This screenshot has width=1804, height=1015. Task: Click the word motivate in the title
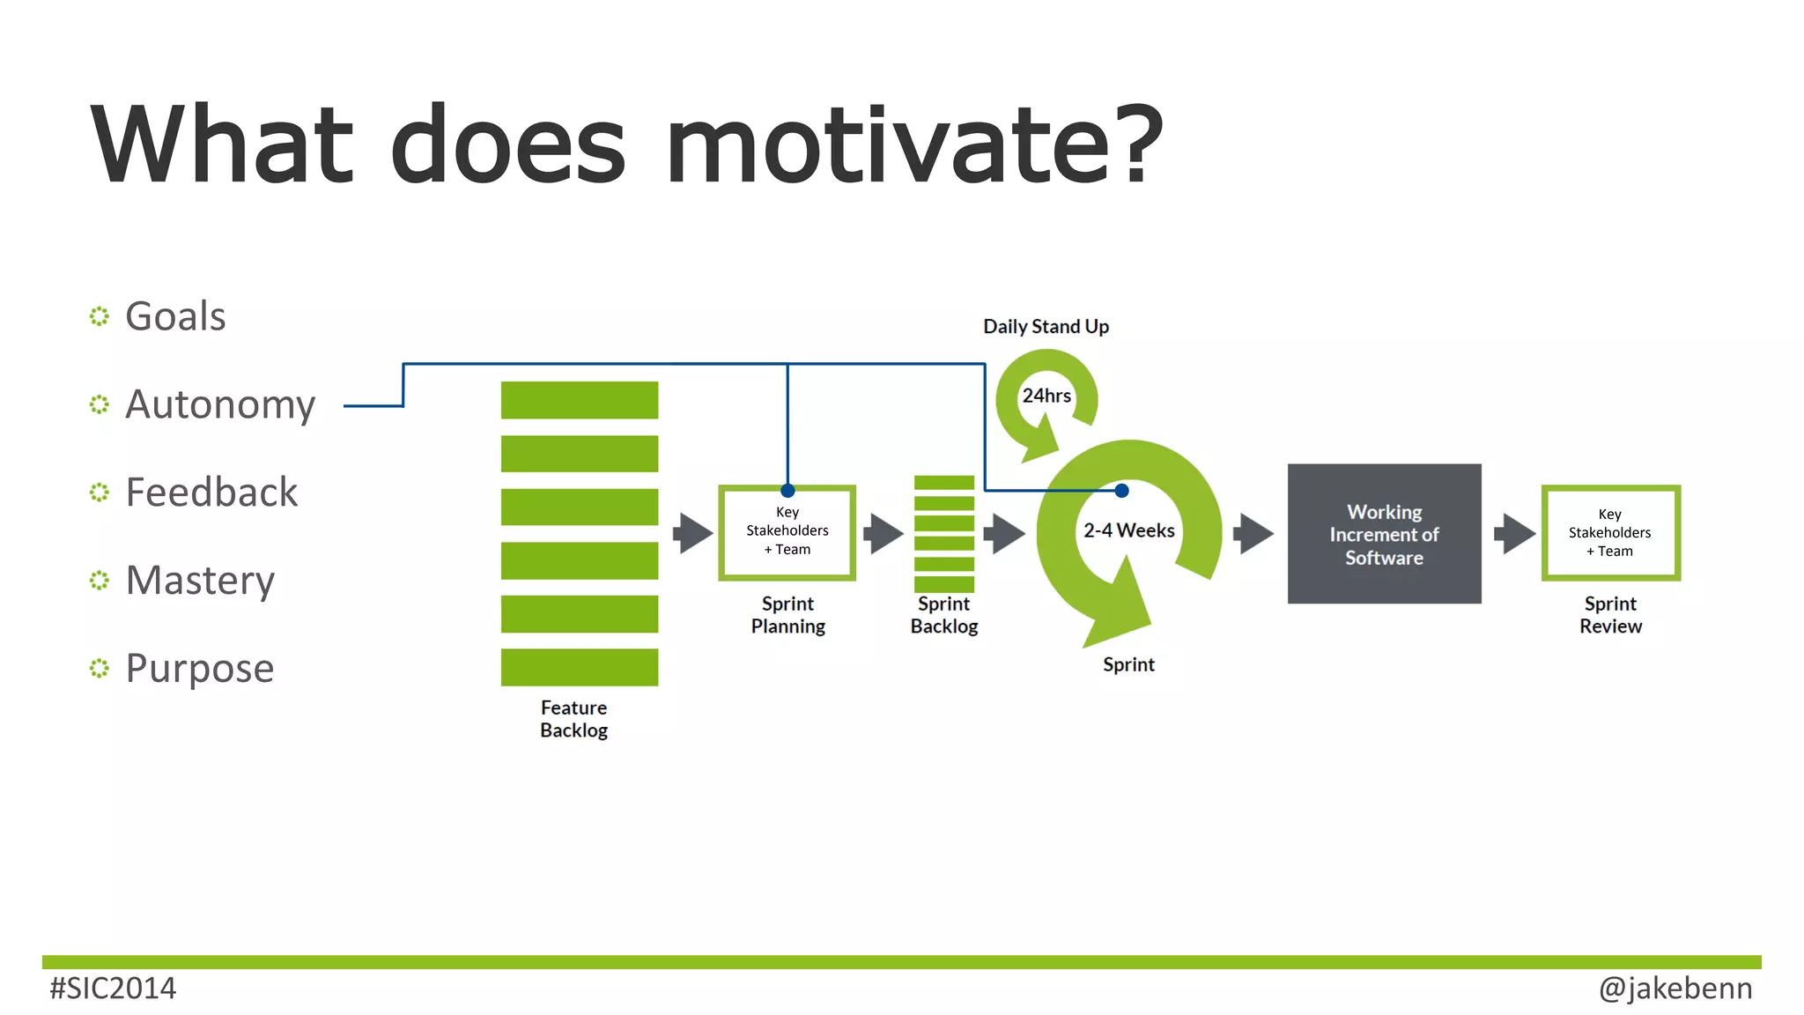tap(914, 145)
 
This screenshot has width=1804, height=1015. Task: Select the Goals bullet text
tap(175, 316)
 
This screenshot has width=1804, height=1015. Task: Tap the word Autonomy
tap(220, 404)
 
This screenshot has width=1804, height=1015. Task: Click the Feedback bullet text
tap(211, 493)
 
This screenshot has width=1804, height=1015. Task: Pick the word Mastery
tap(200, 581)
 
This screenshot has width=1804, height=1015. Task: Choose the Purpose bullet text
tap(200, 669)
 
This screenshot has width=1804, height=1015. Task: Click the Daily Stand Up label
tap(1046, 327)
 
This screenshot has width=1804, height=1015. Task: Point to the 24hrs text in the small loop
tap(1046, 396)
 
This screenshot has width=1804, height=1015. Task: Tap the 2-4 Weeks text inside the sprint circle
tap(1128, 530)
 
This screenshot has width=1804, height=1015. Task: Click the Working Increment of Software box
tap(1384, 534)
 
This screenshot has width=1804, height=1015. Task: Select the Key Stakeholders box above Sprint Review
tap(1609, 534)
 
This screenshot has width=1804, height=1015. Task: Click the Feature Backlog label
tap(573, 719)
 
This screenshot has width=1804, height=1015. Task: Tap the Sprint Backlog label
tap(943, 615)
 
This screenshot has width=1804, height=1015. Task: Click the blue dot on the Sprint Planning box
tap(787, 491)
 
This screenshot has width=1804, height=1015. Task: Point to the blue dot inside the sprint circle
tap(1121, 491)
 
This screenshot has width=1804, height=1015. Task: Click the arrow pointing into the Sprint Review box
tap(1515, 534)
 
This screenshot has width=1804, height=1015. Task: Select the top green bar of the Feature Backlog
tap(579, 400)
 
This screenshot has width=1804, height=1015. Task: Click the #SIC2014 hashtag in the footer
tap(113, 989)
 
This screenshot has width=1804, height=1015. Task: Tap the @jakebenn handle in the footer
tap(1675, 989)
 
